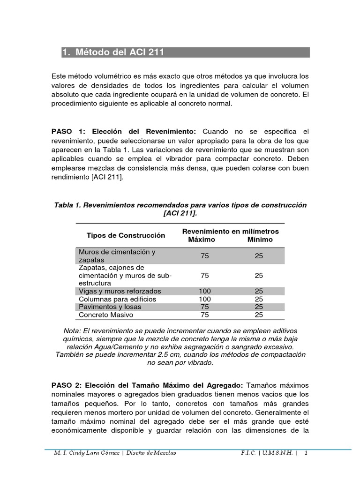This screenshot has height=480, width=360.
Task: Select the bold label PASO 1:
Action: point(70,131)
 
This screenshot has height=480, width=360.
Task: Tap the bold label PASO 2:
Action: point(70,385)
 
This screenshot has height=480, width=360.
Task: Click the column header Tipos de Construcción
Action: point(126,235)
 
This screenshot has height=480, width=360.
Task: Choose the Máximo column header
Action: point(202,240)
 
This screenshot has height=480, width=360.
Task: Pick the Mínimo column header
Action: point(260,240)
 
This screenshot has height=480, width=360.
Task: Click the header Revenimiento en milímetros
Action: point(230,232)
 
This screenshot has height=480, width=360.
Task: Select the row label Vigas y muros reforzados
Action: point(120,291)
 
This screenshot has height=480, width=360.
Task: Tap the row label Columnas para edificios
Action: point(117,299)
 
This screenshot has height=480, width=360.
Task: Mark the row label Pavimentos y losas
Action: point(110,307)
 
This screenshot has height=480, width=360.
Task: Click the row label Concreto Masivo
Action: point(106,315)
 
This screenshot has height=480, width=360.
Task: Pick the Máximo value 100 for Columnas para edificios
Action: point(205,299)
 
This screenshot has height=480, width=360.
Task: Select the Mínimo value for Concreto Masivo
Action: point(259,315)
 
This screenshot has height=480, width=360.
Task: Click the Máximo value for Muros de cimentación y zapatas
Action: point(205,256)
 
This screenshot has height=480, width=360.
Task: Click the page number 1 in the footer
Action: point(306,453)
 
